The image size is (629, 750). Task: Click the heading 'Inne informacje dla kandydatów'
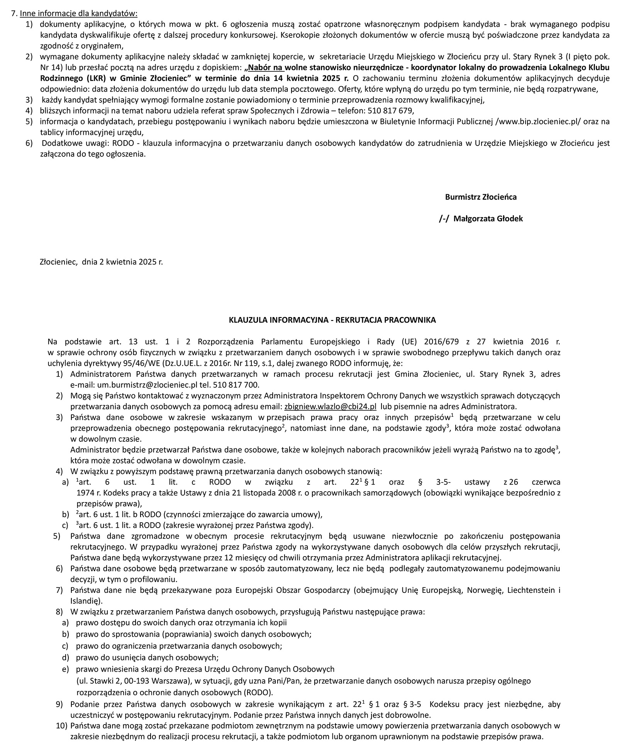point(78,14)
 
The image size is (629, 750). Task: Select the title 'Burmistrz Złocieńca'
point(480,197)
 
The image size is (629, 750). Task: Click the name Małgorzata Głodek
point(488,219)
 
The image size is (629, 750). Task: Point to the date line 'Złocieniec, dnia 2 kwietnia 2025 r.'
point(101,262)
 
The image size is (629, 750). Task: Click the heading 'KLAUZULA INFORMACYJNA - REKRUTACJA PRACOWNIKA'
point(332,320)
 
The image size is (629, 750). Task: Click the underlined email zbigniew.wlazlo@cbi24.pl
point(330,407)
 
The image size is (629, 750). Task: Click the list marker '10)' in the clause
point(61,725)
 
